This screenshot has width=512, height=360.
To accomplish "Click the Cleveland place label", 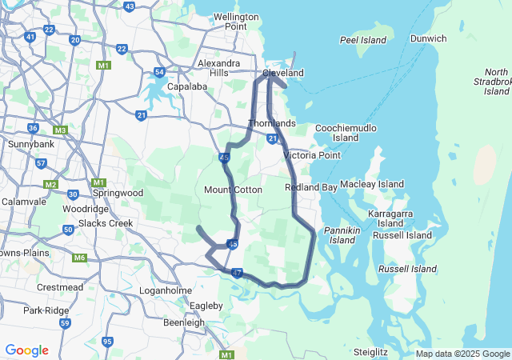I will click(x=283, y=73).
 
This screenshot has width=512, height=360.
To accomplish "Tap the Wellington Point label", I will click(x=236, y=21).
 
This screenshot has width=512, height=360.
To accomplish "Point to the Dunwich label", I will click(x=429, y=38).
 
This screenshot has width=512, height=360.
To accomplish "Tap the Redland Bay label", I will click(x=310, y=187).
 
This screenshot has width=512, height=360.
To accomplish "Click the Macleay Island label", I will click(x=372, y=184).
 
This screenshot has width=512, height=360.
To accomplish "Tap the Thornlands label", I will click(x=272, y=123).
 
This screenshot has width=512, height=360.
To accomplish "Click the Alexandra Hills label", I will click(x=218, y=68).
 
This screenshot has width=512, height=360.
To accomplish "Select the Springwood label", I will click(x=118, y=193).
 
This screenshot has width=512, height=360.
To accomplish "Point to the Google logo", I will click(x=26, y=350).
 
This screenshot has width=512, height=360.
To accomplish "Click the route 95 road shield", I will click(x=107, y=342).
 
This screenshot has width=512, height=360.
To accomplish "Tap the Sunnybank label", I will click(x=30, y=144).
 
